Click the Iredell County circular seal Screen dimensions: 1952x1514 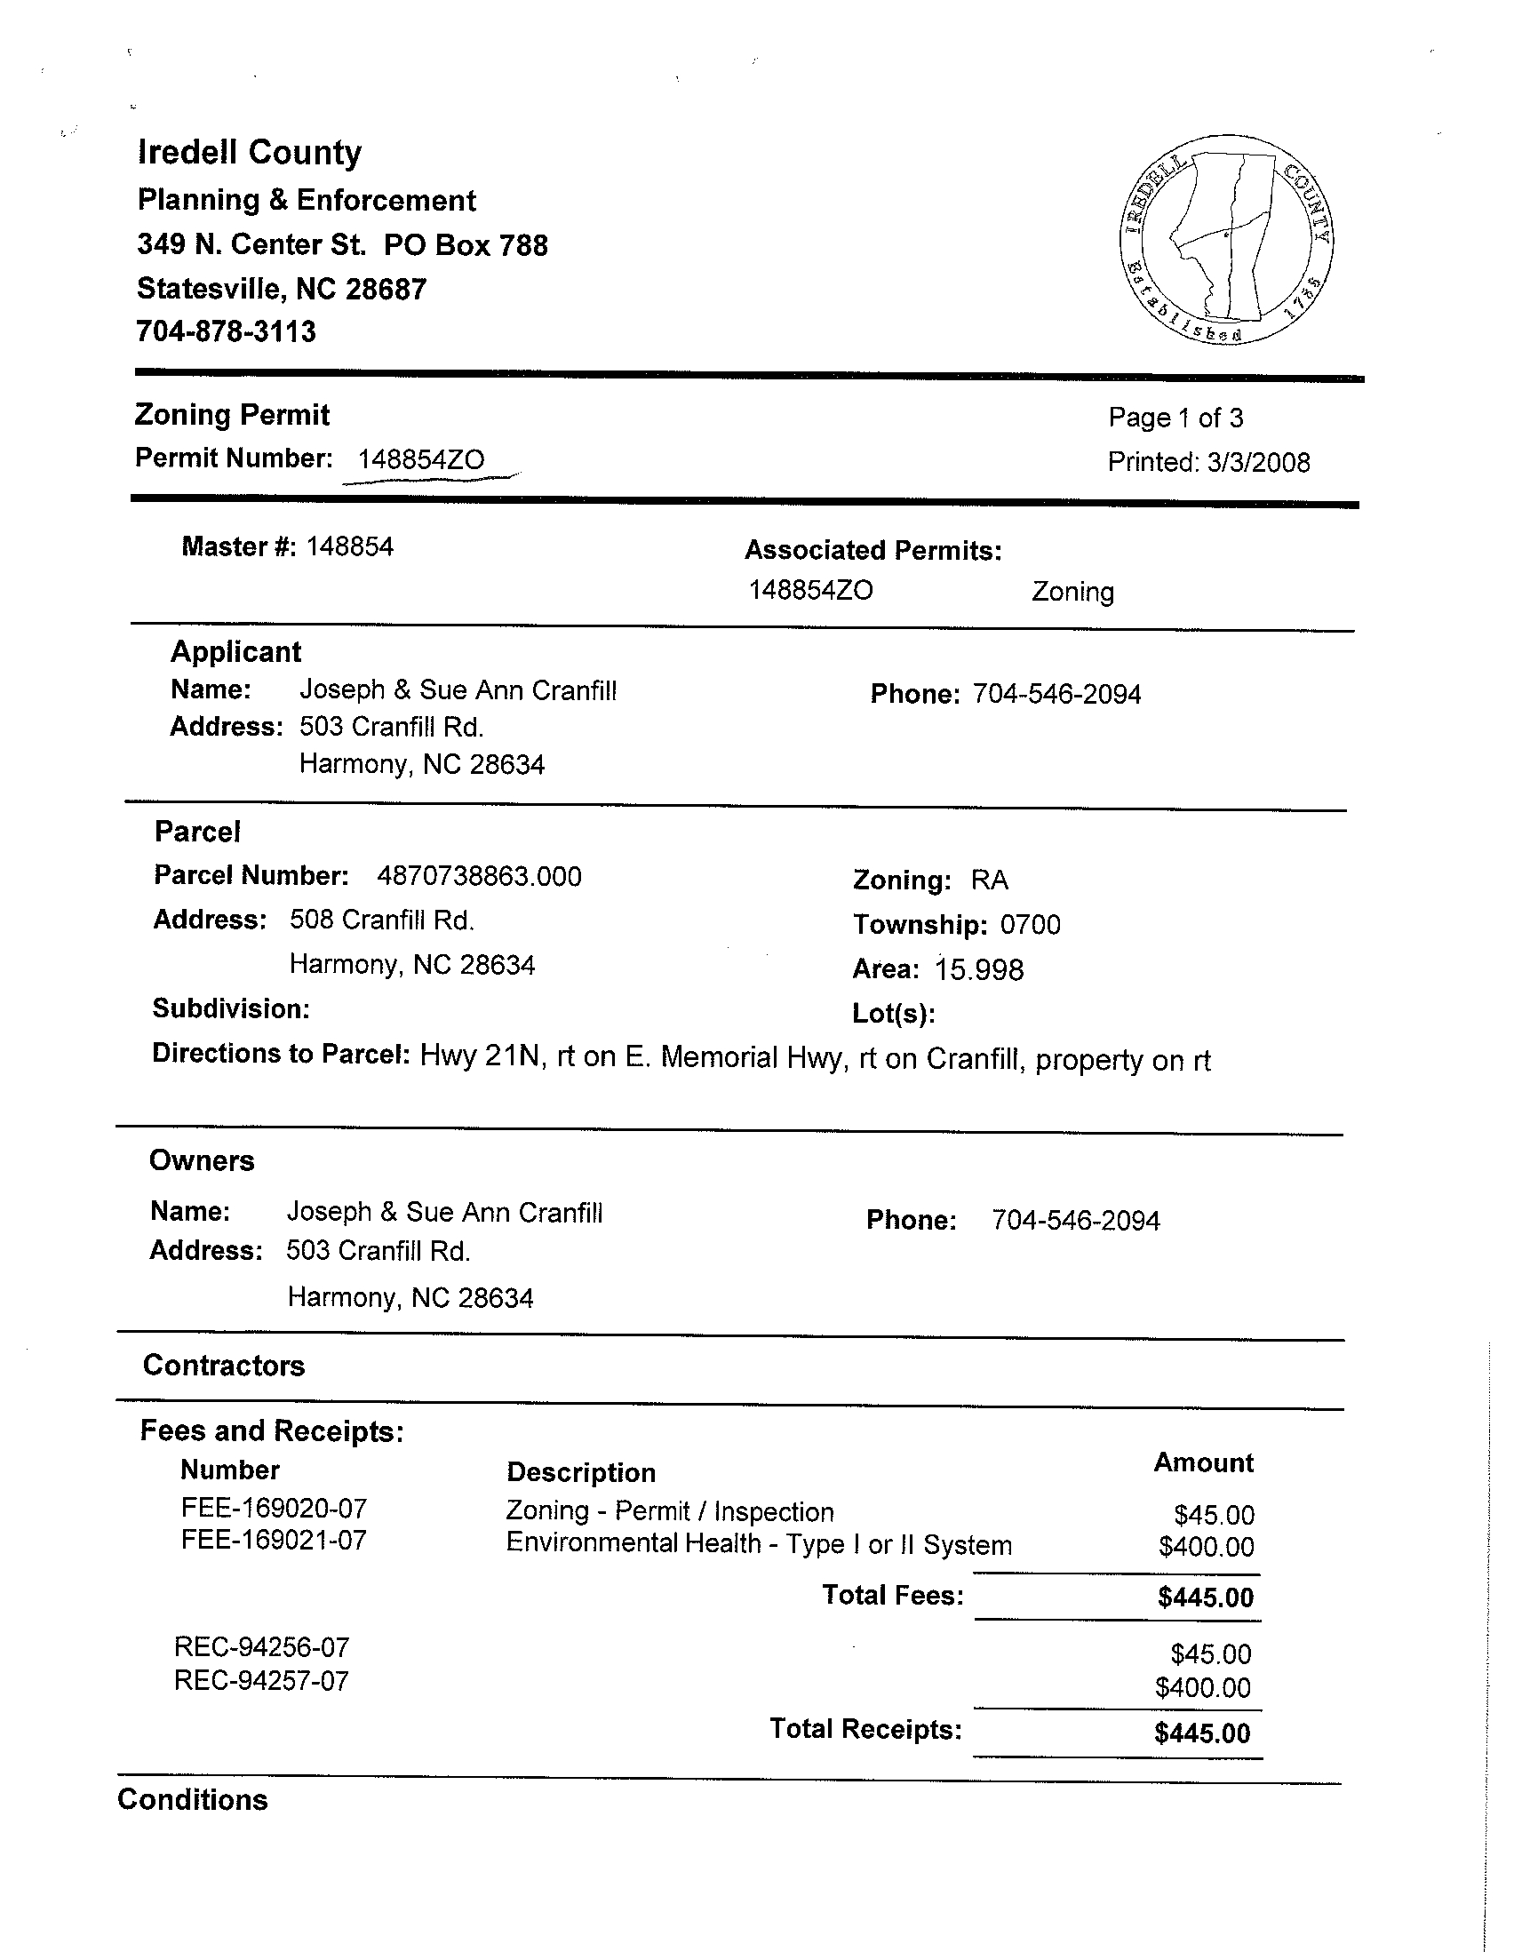pos(1226,240)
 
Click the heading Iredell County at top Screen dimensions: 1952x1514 pos(250,153)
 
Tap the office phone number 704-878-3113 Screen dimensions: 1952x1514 pos(226,331)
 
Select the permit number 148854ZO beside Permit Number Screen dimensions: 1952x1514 pos(421,459)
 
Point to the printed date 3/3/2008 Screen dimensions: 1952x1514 pos(1258,462)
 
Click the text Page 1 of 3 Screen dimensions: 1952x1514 pos(1175,418)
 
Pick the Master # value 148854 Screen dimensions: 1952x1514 pos(349,546)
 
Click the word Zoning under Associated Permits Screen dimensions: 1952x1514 pos(1072,592)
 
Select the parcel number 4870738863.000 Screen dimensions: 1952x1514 pos(479,876)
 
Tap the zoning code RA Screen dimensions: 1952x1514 pos(990,880)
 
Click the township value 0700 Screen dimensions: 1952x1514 pos(1030,924)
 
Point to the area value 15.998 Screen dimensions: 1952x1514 pos(978,969)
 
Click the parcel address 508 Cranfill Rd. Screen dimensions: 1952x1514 pos(382,920)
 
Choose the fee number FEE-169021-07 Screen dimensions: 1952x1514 pos(274,1540)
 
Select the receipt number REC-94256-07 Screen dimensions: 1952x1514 pos(262,1647)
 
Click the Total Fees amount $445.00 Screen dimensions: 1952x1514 pos(1206,1597)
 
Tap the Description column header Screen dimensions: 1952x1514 pos(581,1472)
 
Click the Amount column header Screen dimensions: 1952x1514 pos(1203,1462)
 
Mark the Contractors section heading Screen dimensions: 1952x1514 pos(223,1365)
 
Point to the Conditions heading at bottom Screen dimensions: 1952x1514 pos(192,1799)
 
